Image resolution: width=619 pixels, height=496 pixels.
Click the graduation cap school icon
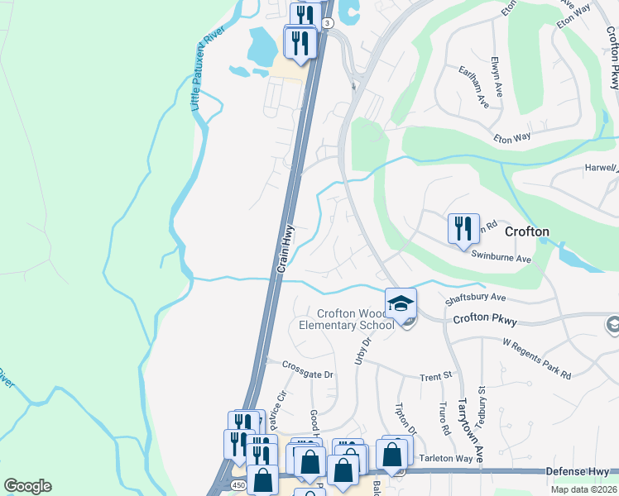[x=401, y=303]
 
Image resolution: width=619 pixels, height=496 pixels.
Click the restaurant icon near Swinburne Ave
[x=463, y=227]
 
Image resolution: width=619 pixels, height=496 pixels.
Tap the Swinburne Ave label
[x=501, y=258]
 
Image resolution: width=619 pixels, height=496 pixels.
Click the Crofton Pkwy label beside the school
[x=483, y=317]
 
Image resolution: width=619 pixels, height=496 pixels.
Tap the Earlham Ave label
[x=473, y=87]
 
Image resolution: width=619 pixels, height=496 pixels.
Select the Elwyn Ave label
[x=496, y=78]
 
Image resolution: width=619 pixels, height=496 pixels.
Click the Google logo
[x=27, y=486]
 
